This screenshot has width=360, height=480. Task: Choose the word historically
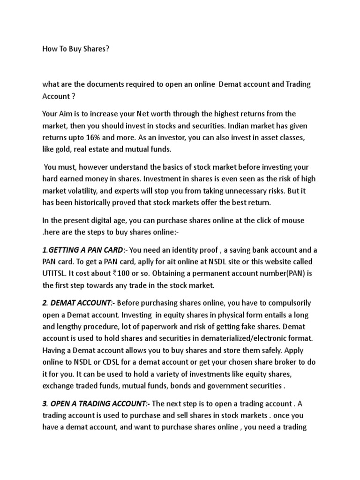coord(102,203)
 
